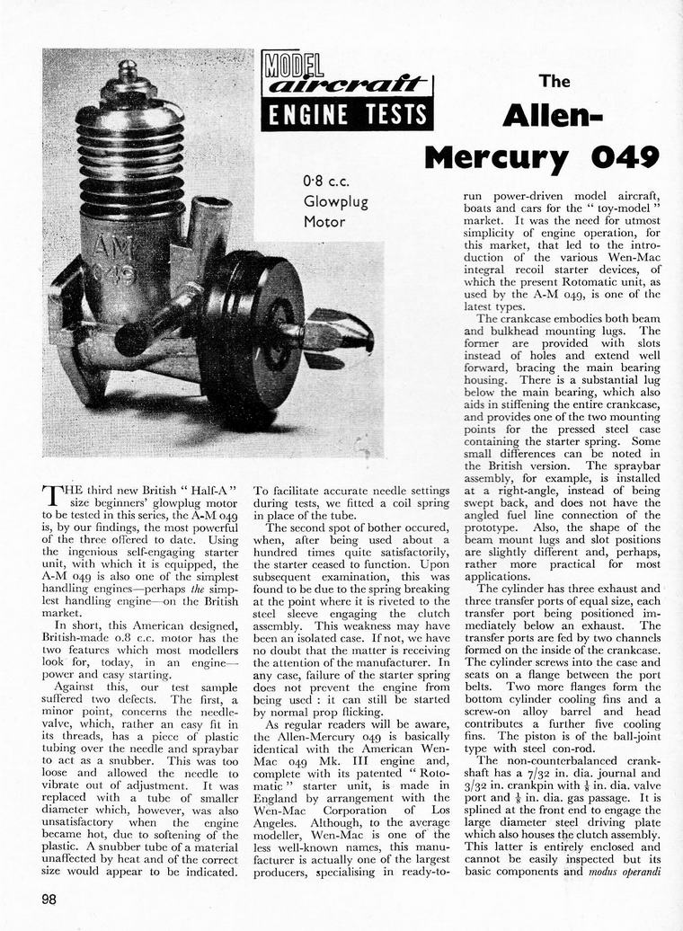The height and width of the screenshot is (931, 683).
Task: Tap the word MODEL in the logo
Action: pos(293,64)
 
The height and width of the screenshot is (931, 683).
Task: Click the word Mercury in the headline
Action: pos(497,157)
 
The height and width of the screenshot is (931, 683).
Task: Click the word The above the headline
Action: pos(554,82)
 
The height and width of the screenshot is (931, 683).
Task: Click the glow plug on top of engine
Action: pos(128,75)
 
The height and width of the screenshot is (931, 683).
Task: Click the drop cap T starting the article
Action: pos(51,496)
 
